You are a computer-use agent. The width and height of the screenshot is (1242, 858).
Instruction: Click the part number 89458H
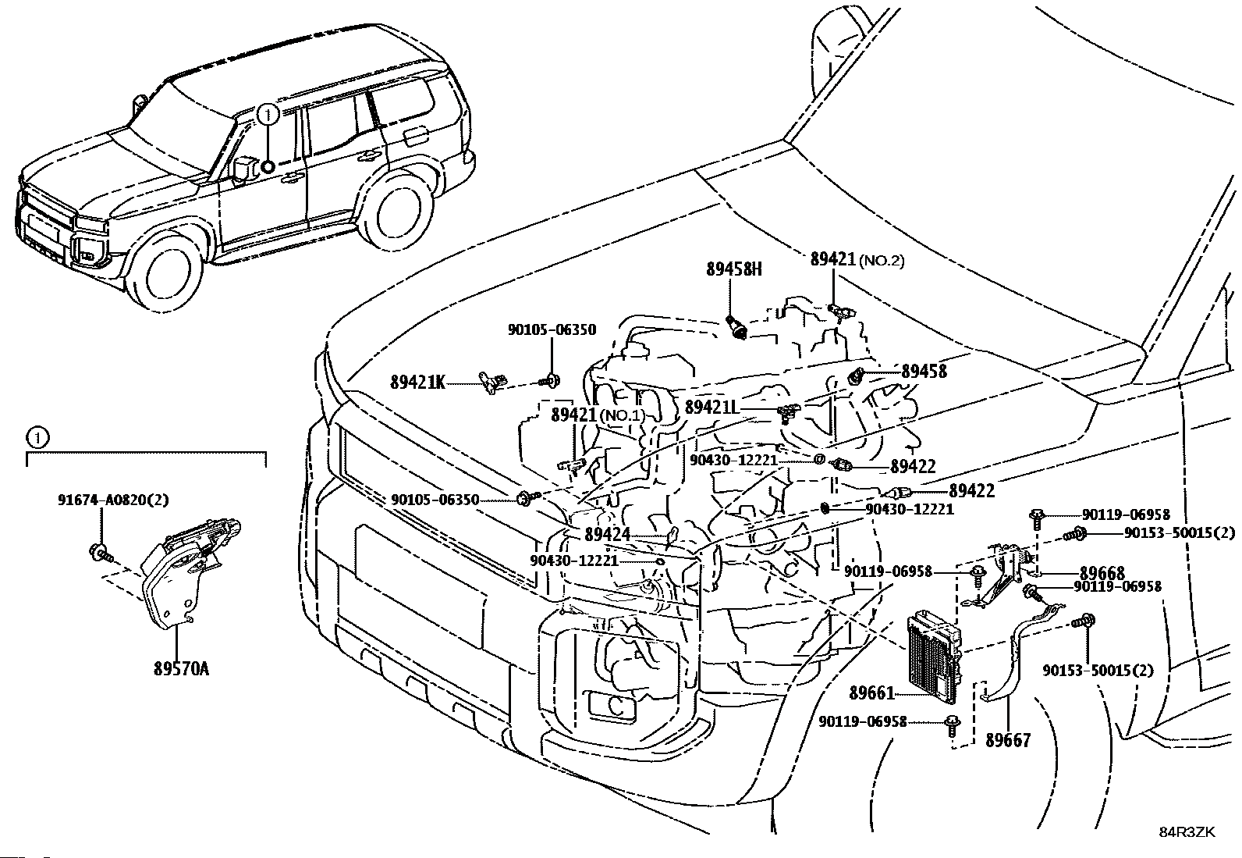pyautogui.click(x=733, y=269)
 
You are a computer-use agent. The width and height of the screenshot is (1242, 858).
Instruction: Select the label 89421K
pyautogui.click(x=417, y=383)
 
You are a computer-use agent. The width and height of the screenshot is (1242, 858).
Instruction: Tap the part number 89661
pyautogui.click(x=871, y=692)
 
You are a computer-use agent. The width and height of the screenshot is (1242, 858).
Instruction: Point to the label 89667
pyautogui.click(x=1007, y=739)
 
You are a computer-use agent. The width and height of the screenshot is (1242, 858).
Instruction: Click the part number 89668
pyautogui.click(x=1102, y=574)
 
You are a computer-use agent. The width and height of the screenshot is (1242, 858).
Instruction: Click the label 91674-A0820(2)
pyautogui.click(x=113, y=500)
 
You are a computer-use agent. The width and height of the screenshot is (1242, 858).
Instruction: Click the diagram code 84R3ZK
pyautogui.click(x=1187, y=831)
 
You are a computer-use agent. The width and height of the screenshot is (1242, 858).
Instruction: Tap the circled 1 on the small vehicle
pyautogui.click(x=268, y=116)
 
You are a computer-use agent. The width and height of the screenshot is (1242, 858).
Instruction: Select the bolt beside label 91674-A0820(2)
pyautogui.click(x=100, y=551)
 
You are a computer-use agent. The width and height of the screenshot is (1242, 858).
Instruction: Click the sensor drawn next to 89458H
pyautogui.click(x=737, y=326)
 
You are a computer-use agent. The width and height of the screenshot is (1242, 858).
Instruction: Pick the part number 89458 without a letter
pyautogui.click(x=924, y=372)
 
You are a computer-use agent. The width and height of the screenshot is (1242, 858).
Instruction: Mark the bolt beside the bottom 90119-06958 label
pyautogui.click(x=952, y=724)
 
